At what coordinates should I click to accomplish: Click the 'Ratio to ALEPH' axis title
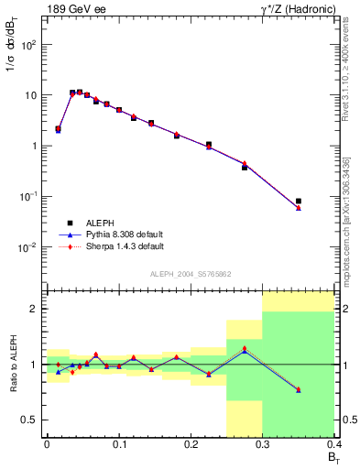pyautogui.click(x=13, y=365)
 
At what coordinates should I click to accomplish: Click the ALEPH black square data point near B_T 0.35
pyautogui.click(x=299, y=201)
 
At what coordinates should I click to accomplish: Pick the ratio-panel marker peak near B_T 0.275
pyautogui.click(x=245, y=349)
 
